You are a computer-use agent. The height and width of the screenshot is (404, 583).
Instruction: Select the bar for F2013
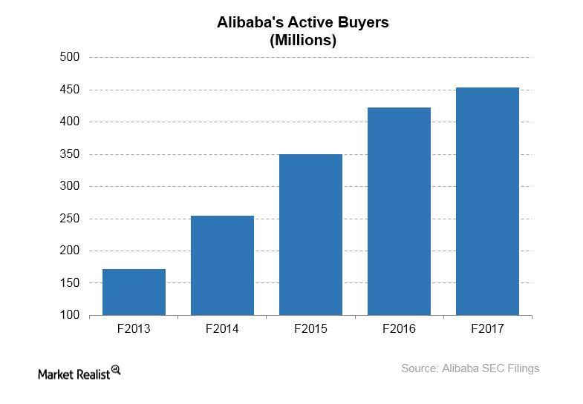pos(134,292)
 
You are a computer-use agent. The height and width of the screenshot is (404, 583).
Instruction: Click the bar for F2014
pos(222,265)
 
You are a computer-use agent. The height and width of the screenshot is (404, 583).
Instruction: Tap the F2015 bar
pos(310,234)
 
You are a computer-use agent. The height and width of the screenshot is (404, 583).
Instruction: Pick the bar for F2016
pos(399,211)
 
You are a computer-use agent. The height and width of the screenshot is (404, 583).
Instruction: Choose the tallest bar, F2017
pos(487,201)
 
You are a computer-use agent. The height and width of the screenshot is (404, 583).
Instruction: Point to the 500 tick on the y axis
pos(70,57)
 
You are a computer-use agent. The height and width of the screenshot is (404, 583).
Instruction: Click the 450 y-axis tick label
pos(70,90)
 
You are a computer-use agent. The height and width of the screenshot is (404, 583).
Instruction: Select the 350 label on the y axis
pos(70,154)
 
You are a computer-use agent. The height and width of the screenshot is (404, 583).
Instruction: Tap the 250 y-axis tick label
pos(70,219)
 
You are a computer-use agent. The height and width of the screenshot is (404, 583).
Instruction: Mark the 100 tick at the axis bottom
pos(70,315)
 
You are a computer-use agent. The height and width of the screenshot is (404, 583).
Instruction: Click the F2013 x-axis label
pos(134,328)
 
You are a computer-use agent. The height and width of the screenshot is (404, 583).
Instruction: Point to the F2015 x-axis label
pos(310,328)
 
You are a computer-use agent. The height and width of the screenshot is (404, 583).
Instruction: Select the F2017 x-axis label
pos(487,328)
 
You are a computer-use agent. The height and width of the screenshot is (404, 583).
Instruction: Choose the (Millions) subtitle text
pos(302,41)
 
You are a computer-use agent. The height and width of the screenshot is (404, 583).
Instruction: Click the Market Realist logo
pos(79,372)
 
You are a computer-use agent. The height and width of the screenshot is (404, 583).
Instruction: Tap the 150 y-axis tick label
pos(70,283)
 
